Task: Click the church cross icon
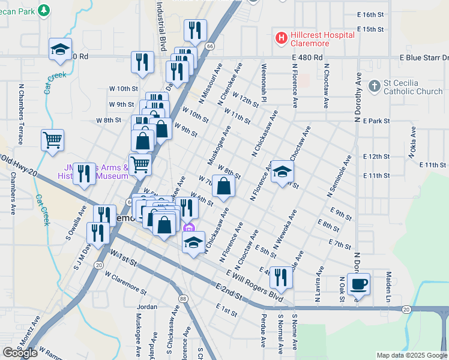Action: point(374,86)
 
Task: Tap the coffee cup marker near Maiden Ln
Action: point(358,284)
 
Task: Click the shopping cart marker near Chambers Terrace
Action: point(53,140)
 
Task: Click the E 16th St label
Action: point(370,14)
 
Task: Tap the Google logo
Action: point(20,353)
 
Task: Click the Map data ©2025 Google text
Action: point(411,355)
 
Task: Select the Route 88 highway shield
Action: point(182,298)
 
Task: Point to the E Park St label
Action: point(377,121)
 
